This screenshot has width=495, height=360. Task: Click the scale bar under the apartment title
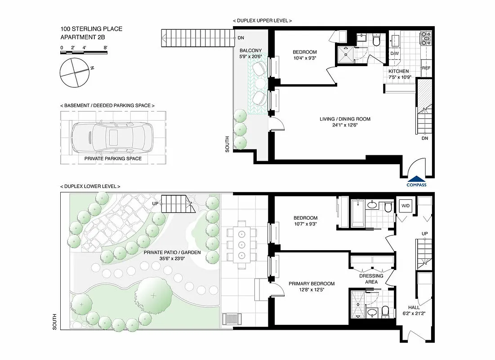(84, 53)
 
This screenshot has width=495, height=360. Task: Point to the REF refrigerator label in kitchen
(426, 68)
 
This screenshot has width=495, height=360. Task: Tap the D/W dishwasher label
(394, 54)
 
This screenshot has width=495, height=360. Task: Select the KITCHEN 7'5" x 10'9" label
(399, 74)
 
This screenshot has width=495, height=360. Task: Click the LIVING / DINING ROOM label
(345, 122)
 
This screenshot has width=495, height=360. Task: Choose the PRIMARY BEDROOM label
(312, 287)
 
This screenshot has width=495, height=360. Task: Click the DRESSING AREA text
(371, 279)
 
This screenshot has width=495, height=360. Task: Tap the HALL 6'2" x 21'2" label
(411, 311)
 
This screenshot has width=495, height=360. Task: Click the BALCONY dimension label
(250, 54)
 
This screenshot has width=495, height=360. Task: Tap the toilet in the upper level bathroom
(377, 40)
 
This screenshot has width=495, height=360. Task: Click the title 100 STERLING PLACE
(91, 29)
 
